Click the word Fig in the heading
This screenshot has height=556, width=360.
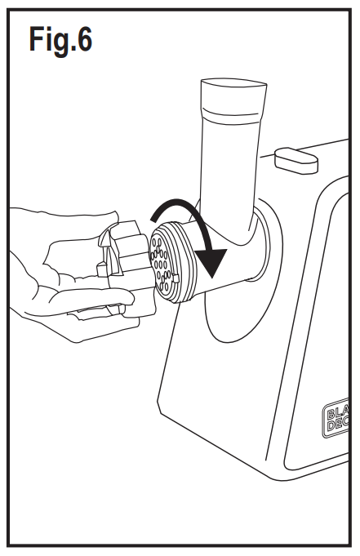(50, 40)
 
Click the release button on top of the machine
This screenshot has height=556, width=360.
(296, 159)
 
